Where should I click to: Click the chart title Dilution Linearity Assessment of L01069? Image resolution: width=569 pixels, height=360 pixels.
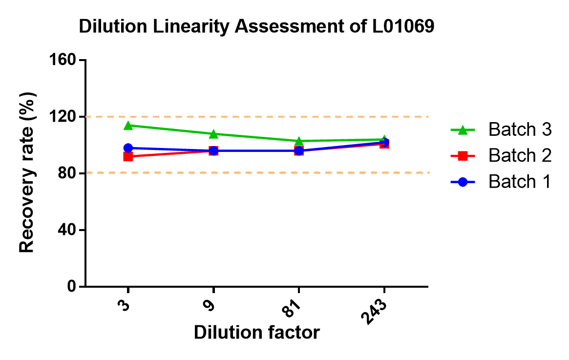256,26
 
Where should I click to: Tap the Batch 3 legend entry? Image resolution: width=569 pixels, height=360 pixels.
501,129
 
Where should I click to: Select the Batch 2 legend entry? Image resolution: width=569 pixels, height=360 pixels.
501,156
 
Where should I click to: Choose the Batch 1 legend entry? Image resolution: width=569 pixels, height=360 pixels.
501,182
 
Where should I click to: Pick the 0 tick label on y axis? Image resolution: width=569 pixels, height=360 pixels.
71,286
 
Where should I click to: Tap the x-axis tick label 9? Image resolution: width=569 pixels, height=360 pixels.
210,305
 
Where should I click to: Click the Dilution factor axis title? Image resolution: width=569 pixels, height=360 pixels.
257,333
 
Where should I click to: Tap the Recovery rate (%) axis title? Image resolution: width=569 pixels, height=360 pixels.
27,172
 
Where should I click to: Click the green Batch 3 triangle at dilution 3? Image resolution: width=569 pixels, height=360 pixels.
128,125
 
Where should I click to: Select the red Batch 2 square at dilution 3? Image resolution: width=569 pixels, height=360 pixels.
128,157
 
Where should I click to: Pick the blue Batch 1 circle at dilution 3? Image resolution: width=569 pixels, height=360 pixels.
128,148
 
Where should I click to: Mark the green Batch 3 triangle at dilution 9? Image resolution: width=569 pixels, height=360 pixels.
213,134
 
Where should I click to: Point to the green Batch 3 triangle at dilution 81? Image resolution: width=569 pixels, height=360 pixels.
298,141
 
